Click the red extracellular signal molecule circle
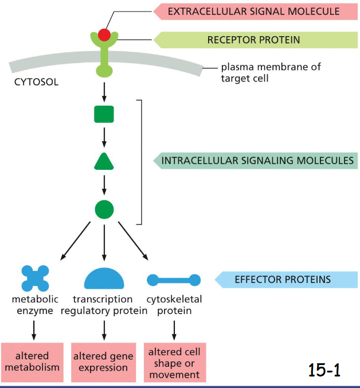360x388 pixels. [x=104, y=34]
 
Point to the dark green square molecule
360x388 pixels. [x=104, y=114]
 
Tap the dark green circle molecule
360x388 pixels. [x=104, y=209]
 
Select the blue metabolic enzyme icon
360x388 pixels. [x=35, y=278]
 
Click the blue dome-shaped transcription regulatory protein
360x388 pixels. [x=104, y=278]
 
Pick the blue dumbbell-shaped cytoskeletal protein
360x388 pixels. [x=174, y=280]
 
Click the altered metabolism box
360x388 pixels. [x=32, y=362]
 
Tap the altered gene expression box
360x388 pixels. [x=104, y=362]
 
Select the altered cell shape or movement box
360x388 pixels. [x=174, y=362]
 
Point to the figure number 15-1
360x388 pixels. [x=324, y=370]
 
